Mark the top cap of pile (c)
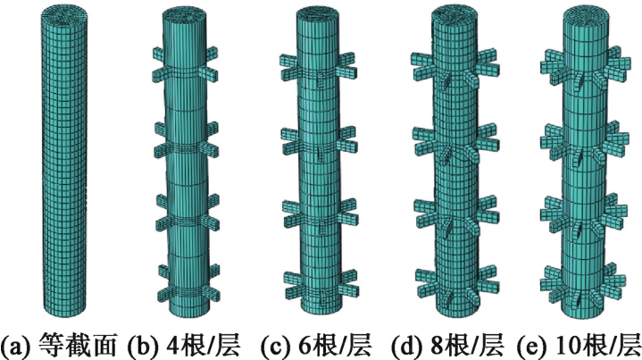point(313,17)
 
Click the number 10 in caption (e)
point(588,343)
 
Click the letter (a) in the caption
point(17,343)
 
